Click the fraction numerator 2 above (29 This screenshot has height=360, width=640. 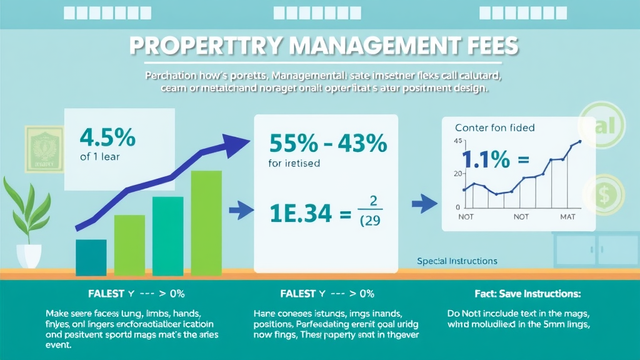(372, 201)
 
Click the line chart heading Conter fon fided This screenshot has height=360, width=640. (495, 127)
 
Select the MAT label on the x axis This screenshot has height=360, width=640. (568, 216)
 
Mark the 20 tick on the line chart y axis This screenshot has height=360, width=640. (457, 174)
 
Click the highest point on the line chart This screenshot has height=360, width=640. (580, 141)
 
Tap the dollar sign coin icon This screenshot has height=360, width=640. (602, 196)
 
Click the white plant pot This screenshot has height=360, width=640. (29, 255)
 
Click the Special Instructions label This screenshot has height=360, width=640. (457, 261)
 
